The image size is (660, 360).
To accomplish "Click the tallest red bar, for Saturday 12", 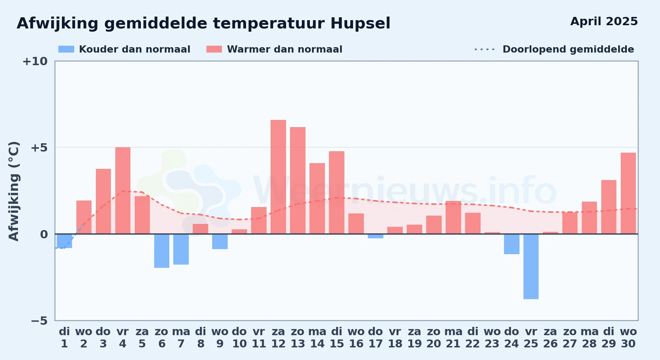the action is [x=278, y=177].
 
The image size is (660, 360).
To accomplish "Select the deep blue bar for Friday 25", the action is [x=531, y=266].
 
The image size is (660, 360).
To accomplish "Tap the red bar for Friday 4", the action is [x=123, y=190].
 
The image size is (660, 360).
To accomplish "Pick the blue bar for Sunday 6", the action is [x=162, y=251].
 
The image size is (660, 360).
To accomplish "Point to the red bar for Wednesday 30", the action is [x=628, y=193].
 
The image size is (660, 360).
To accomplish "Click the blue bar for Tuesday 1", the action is [x=64, y=241].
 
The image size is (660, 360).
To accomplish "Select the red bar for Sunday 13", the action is [x=298, y=180].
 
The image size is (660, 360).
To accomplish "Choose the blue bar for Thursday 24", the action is [x=512, y=244].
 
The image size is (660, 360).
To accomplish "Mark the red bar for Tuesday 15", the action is [x=336, y=193].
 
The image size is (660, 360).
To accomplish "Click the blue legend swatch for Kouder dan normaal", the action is [x=66, y=49].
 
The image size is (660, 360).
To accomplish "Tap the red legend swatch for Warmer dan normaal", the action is [x=214, y=49].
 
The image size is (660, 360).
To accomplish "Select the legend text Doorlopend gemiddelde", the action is [x=568, y=49].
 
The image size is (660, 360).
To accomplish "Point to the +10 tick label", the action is [x=35, y=61].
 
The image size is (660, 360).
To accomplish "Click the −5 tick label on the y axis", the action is [x=39, y=321].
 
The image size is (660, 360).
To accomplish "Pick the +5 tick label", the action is [x=39, y=148].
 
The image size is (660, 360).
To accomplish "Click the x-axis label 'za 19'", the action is [x=414, y=338].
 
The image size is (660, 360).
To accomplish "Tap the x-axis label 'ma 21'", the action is [x=453, y=338].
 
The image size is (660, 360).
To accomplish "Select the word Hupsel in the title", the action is [x=360, y=24].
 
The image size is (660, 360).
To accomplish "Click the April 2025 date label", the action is [x=604, y=22].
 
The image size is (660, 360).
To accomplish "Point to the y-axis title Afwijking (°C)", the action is [x=14, y=191].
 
